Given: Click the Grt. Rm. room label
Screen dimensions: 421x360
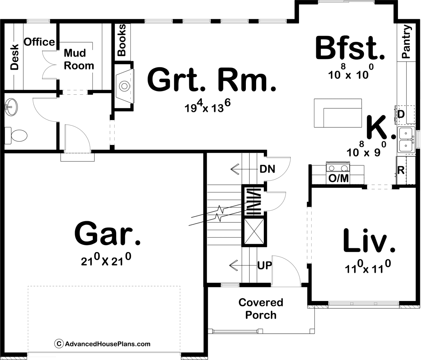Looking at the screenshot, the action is (x=211, y=80).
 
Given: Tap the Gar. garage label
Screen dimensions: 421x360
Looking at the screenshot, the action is (x=107, y=233).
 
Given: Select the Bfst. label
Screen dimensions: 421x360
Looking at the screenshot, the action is (x=350, y=48).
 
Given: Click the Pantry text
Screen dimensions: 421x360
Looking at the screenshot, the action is (x=406, y=42).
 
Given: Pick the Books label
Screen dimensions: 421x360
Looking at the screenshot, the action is (x=122, y=40).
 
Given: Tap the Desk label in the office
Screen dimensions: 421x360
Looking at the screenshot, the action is (x=14, y=57).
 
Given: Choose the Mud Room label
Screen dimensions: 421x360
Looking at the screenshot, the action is (x=79, y=59).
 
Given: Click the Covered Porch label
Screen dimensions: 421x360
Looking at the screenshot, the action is (x=261, y=308).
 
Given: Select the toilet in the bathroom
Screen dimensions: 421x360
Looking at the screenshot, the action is (x=16, y=135).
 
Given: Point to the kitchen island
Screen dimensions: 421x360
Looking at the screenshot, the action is (x=338, y=113).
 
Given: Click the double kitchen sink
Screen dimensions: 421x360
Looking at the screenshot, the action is (x=406, y=140).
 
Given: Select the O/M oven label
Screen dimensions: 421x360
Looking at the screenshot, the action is (x=338, y=178).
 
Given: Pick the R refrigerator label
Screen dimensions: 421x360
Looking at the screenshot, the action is (x=401, y=170).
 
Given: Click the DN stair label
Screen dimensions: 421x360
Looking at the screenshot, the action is (x=267, y=169).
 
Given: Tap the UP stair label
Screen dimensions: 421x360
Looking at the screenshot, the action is (x=264, y=265).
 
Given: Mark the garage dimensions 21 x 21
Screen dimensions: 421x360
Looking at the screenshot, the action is (x=106, y=260).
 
